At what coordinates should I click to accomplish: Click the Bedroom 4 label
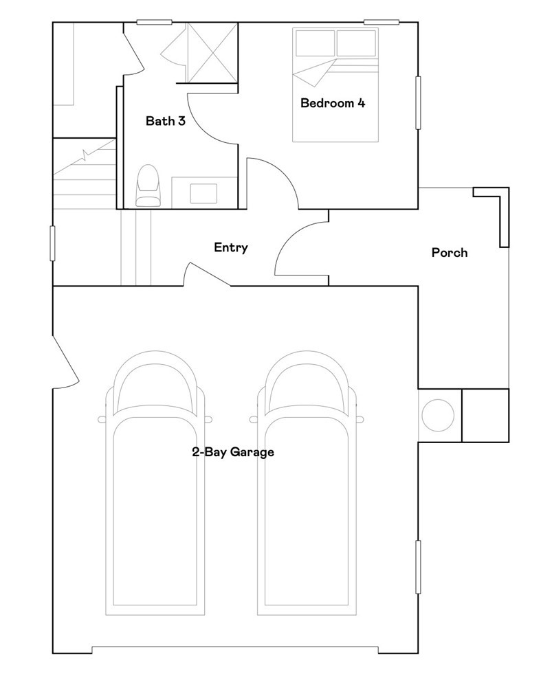tap(333, 104)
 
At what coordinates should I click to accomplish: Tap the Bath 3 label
tap(165, 122)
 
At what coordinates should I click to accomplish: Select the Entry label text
tap(230, 247)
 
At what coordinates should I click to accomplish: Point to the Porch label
tap(449, 253)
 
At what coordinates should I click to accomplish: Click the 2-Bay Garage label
tap(233, 452)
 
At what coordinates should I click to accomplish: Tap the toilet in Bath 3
tap(147, 186)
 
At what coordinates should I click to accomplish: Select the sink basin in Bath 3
tap(203, 192)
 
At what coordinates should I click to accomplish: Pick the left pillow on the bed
tap(314, 43)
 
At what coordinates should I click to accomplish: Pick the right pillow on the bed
tap(356, 43)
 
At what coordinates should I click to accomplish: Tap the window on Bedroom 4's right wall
tap(418, 102)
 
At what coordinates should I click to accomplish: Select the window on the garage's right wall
tap(418, 567)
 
